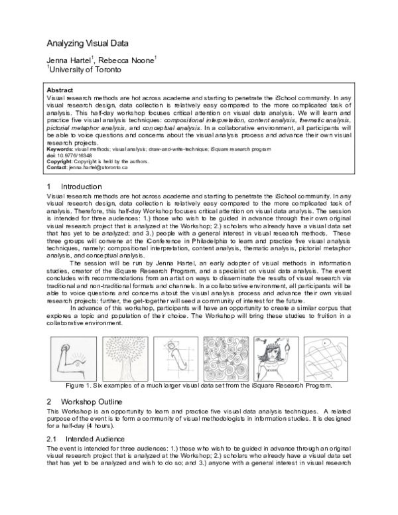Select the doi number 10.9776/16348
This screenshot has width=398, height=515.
click(x=77, y=156)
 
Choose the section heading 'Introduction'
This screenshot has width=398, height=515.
click(x=82, y=187)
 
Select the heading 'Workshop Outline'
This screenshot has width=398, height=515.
click(x=92, y=402)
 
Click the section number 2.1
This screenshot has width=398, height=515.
click(x=52, y=439)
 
